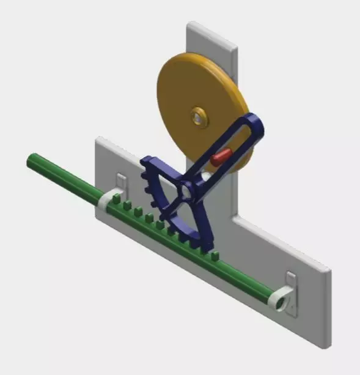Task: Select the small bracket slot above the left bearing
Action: click(122, 182)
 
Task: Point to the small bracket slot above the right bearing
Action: click(292, 281)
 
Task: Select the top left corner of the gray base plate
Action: click(98, 140)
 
